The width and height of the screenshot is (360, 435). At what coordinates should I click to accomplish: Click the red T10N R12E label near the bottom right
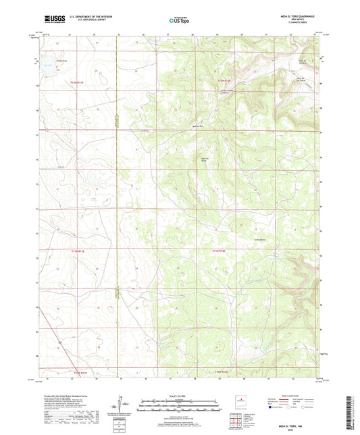[224, 372]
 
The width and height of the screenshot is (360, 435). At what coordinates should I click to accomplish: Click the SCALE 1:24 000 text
[180, 396]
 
